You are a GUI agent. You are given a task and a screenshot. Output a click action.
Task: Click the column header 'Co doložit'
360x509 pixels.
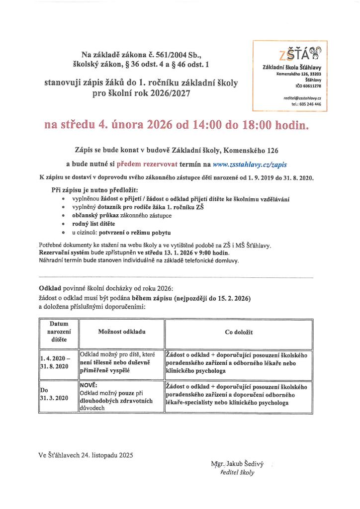tap(239, 332)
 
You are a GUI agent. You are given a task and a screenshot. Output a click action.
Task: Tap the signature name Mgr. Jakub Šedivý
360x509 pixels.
tap(237, 464)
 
